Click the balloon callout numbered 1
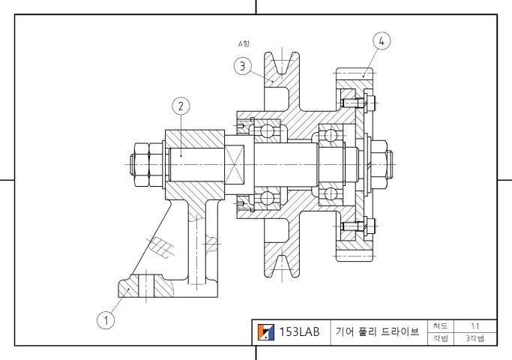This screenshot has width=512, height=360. (106, 320)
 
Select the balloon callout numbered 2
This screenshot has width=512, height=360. (180, 105)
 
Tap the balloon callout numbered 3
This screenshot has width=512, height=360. (241, 66)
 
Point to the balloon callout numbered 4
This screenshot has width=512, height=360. (382, 41)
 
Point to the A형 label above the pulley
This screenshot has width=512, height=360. (244, 44)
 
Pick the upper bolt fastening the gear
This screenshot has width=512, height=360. (349, 100)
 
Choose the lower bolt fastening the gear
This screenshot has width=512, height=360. (349, 225)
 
